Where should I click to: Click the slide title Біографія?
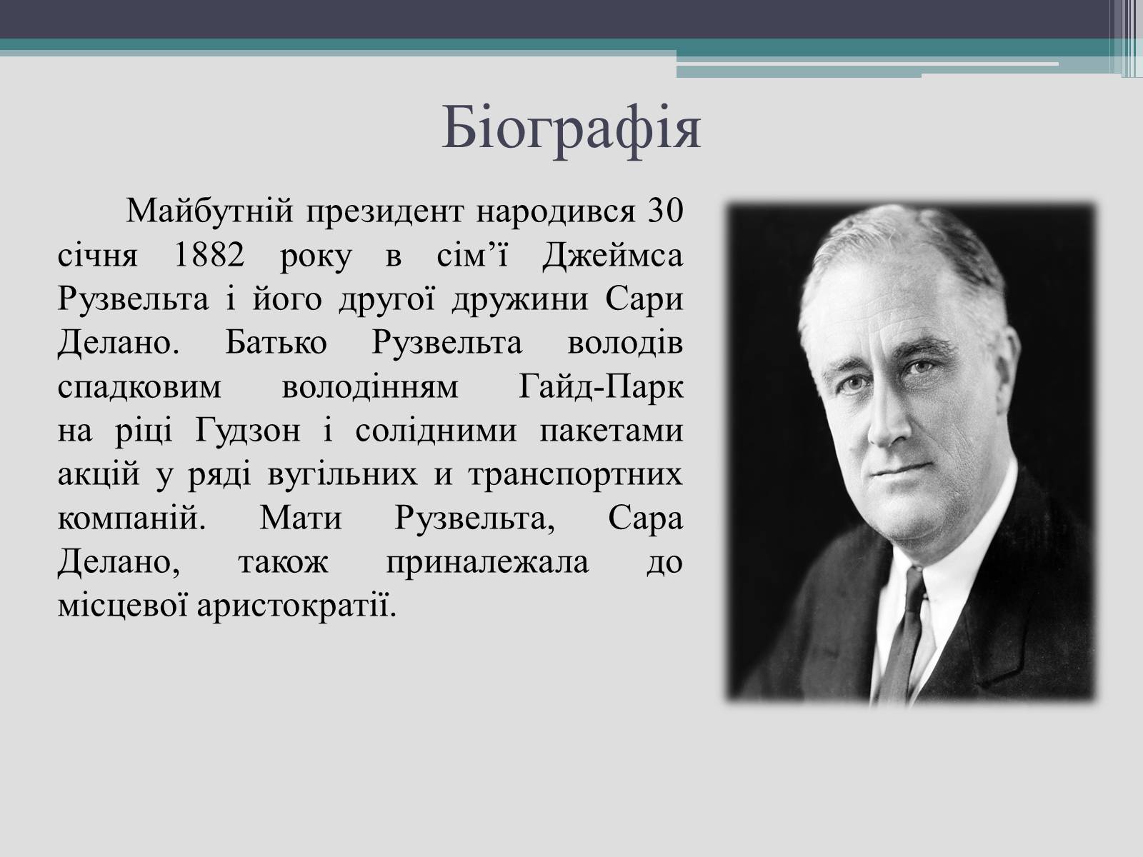571,129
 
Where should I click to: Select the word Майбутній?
210,212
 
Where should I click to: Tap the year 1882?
209,256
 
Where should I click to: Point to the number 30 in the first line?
666,211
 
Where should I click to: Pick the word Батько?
276,343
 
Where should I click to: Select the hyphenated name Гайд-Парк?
601,386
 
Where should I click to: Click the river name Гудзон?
248,431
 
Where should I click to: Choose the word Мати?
301,518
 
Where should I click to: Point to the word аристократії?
296,606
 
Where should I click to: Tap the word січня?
97,256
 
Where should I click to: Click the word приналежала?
487,563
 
